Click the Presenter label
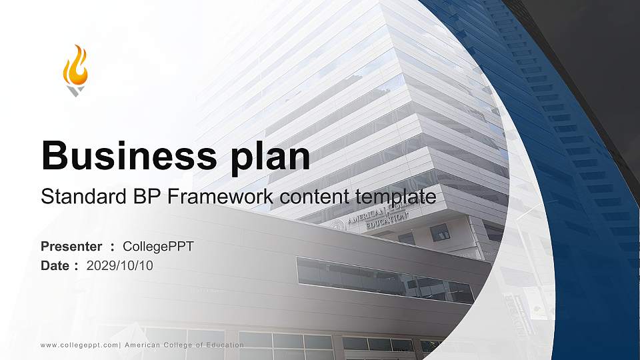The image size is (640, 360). pyautogui.click(x=71, y=247)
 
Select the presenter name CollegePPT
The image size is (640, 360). pyautogui.click(x=158, y=247)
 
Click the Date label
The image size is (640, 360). pyautogui.click(x=55, y=265)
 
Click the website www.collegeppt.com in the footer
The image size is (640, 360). pyautogui.click(x=79, y=345)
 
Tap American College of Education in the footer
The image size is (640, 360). pyautogui.click(x=184, y=345)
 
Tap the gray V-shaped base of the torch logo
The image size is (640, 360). pyautogui.click(x=75, y=91)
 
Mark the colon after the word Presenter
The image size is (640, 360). pyautogui.click(x=113, y=247)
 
